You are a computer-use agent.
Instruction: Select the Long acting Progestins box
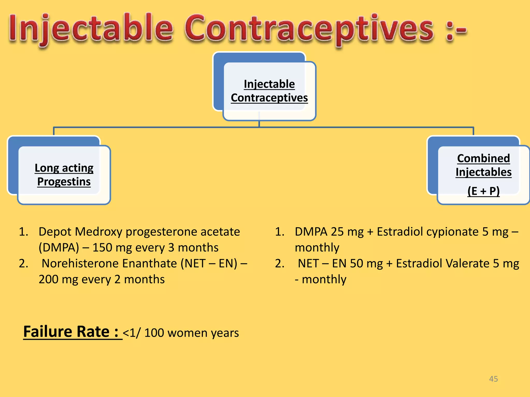point(64,175)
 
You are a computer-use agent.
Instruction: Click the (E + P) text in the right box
point(483,191)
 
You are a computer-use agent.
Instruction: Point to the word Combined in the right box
point(483,158)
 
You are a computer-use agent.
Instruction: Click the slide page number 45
point(493,379)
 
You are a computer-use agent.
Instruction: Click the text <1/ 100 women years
point(181,333)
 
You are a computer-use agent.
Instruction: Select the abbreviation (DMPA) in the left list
point(59,248)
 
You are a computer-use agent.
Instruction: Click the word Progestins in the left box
point(64,182)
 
